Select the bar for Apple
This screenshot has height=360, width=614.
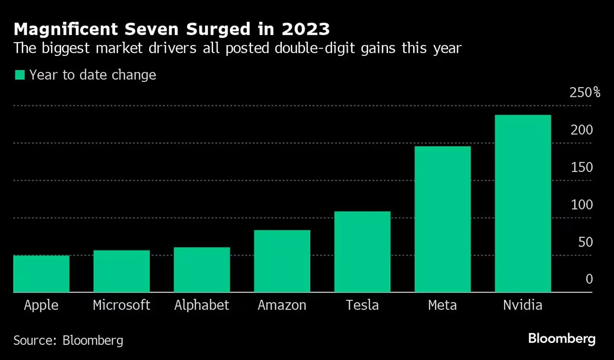[x=41, y=273]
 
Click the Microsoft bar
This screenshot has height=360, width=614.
[x=122, y=271]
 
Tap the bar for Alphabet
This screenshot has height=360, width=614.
[x=202, y=270]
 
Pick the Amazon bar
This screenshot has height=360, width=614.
[x=282, y=261]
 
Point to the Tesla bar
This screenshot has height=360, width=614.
[x=362, y=252]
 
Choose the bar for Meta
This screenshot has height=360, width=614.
[x=443, y=219]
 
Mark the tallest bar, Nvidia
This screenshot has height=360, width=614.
[x=523, y=203]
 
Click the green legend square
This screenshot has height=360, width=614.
[x=20, y=75]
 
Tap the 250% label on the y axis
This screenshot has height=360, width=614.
[x=585, y=92]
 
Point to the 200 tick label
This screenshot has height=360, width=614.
[x=582, y=130]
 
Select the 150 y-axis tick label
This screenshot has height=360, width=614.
[x=582, y=167]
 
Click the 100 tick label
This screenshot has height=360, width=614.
[x=582, y=205]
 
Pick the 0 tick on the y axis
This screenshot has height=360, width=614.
[x=589, y=279]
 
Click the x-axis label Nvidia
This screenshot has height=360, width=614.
[x=523, y=305]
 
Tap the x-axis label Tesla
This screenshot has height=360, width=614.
[x=362, y=305]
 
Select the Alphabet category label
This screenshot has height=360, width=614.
[x=202, y=305]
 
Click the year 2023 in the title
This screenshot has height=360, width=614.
[x=306, y=29]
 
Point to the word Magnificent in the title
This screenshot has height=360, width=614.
[x=66, y=29]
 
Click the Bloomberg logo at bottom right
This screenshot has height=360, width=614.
[x=562, y=339]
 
